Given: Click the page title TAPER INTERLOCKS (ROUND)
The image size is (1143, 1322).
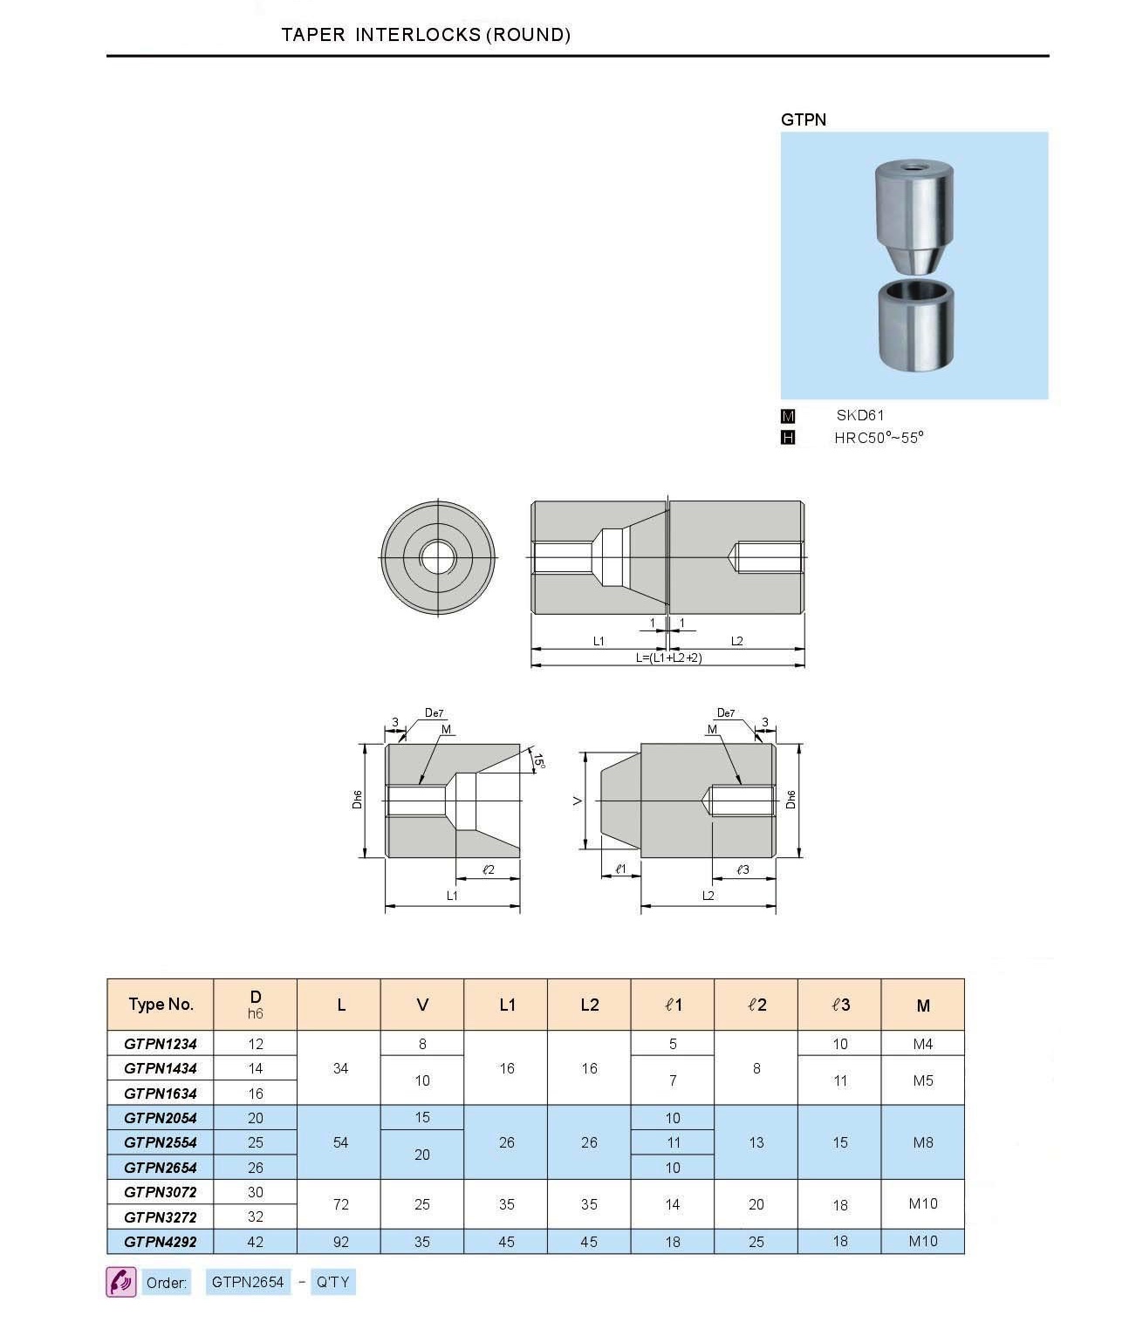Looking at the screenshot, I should pos(426,35).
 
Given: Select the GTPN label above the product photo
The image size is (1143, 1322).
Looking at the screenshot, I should pos(803,119).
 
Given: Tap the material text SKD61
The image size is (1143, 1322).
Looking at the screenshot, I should pos(859,415).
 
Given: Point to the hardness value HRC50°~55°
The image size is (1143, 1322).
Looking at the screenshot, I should pos(878,438).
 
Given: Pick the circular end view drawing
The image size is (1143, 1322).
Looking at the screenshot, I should pos(437,557).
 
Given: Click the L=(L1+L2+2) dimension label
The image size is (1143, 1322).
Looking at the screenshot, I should pos(667,658).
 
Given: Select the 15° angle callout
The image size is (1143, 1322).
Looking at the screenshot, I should pos(538,761).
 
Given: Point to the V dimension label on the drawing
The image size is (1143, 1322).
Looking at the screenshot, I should pos(578,800).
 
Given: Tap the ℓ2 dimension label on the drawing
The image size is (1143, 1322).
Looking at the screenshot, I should pos(488,869).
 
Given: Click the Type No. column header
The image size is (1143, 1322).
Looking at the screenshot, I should pos(161,1004).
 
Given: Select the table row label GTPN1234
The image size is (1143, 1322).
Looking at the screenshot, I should pos(161,1043).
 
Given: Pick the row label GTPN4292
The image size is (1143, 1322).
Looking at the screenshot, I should pos(161,1242).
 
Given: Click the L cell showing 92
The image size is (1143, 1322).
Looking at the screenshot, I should pos(340,1242).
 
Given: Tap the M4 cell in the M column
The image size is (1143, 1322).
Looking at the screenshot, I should pos(922,1043).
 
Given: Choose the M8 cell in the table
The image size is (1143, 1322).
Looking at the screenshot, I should pos(922,1142).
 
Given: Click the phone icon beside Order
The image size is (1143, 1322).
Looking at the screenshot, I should pos(121,1282).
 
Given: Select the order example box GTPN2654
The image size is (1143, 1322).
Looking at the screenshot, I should pos(248,1282).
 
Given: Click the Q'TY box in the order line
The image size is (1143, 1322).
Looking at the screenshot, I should pos(332,1282).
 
